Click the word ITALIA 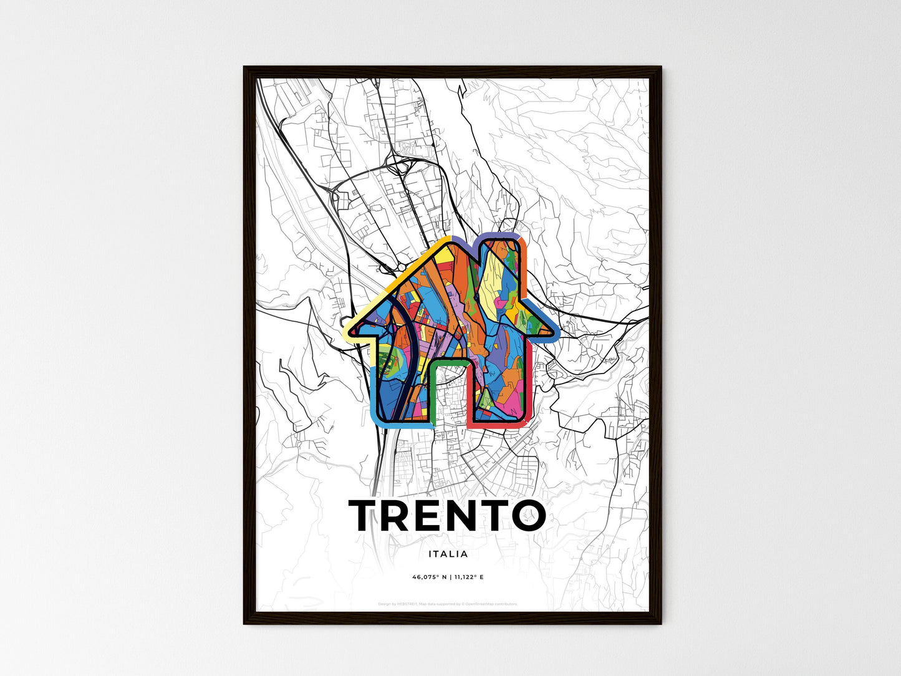tap(448, 554)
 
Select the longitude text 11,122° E tap(468, 577)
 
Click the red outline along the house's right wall tap(529, 387)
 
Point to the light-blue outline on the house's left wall tap(372, 393)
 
